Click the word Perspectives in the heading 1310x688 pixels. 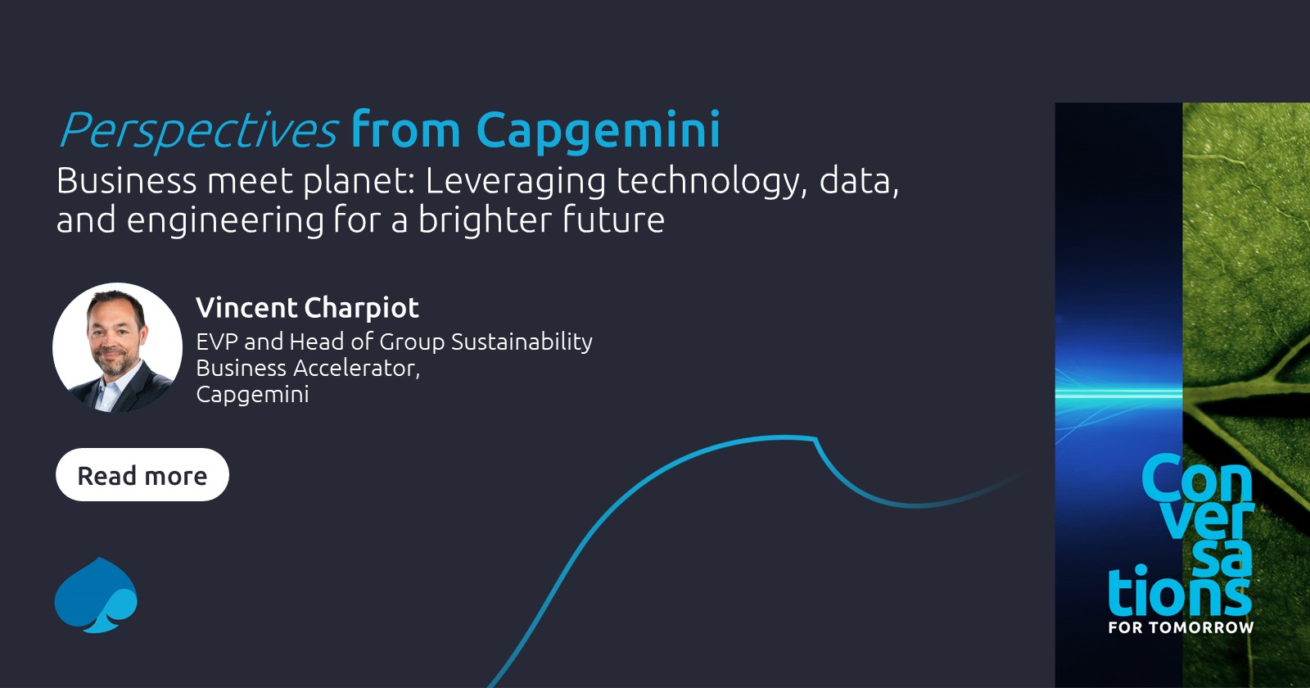click(198, 131)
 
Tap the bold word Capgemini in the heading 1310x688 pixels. click(598, 131)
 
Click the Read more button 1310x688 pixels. click(142, 475)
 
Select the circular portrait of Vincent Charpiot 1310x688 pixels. click(118, 347)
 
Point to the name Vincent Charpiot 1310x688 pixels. click(307, 308)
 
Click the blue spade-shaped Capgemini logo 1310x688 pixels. click(96, 596)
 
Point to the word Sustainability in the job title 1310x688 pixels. click(522, 342)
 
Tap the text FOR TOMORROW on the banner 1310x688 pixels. click(1181, 627)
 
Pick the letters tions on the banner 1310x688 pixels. click(1179, 591)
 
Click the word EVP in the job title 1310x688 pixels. click(217, 342)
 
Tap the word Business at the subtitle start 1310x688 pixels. click(127, 181)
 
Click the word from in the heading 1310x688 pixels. click(406, 131)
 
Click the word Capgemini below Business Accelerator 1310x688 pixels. click(252, 395)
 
